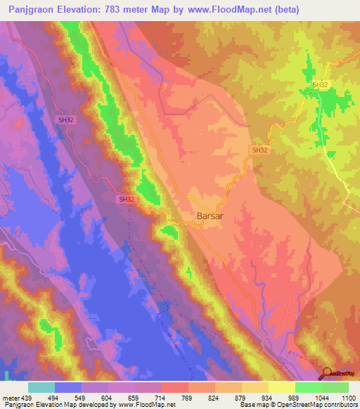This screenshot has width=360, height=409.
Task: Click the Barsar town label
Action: tap(209, 216)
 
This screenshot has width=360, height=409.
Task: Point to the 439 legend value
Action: tap(28, 398)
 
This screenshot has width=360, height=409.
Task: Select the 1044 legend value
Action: tap(321, 398)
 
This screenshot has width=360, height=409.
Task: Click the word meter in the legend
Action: tap(11, 398)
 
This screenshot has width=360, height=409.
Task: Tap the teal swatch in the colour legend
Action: tap(41, 387)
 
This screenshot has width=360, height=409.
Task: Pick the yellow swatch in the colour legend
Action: tap(282, 387)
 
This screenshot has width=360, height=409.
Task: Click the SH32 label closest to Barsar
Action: tap(127, 200)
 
